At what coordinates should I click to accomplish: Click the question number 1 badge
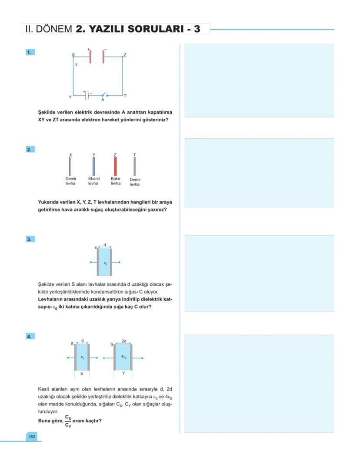coord(29,52)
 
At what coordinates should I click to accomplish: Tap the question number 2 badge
coord(29,149)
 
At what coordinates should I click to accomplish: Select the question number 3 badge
coord(29,239)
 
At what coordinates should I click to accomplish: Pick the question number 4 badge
coord(29,336)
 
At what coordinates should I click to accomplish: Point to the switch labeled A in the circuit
coord(103,95)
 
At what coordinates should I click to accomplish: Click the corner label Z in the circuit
coord(125,55)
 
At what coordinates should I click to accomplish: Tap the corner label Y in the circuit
coord(70,97)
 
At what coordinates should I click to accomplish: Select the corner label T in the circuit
coord(125,96)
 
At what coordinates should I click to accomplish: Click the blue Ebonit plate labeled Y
coord(93,166)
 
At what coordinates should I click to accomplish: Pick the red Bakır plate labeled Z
coord(115,166)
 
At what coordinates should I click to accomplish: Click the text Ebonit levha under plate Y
coord(93,181)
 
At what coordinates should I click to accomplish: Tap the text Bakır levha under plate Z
coord(116,181)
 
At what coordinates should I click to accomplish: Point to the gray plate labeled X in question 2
coord(70,166)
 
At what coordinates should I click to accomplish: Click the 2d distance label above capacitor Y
coord(124,341)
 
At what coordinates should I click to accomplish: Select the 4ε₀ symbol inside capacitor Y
coord(124,357)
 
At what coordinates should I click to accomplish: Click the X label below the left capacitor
coord(82,374)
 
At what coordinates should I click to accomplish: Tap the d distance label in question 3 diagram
coord(105,245)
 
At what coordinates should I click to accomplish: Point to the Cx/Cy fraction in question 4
coord(68,421)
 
